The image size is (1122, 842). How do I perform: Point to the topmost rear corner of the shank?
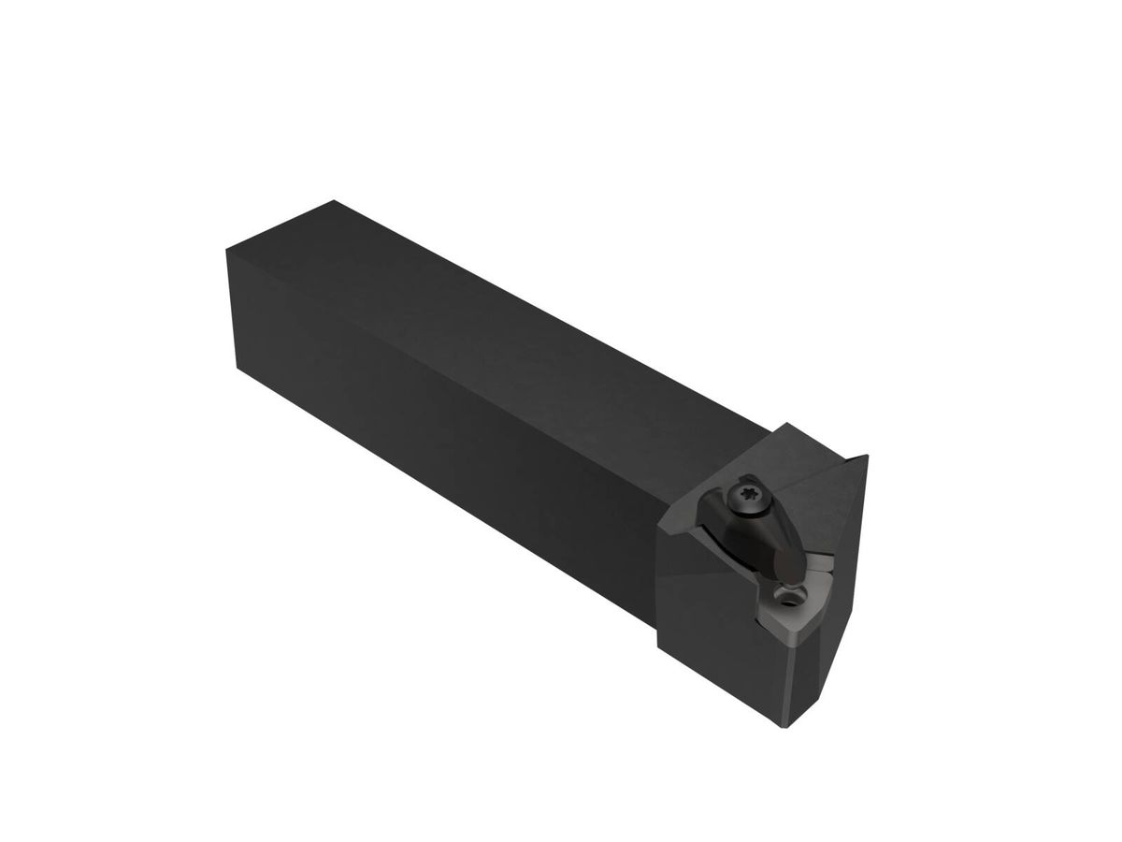(x=333, y=200)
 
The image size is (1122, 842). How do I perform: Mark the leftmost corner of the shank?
(x=226, y=249)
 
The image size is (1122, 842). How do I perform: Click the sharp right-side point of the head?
(x=868, y=457)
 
